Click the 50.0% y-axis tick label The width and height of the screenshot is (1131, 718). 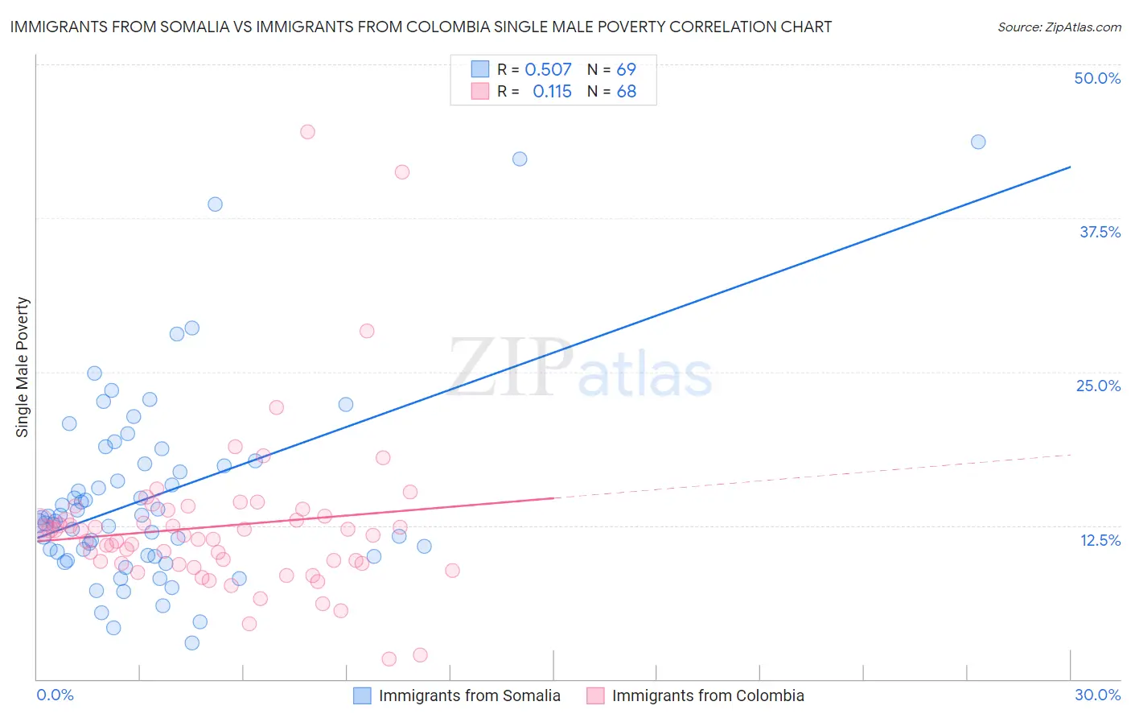tap(1097, 78)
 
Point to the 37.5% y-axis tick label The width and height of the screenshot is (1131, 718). tap(1100, 232)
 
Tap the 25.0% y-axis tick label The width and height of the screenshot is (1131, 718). tap(1098, 386)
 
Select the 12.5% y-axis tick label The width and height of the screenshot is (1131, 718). tap(1100, 540)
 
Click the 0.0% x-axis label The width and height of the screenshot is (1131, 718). tap(55, 695)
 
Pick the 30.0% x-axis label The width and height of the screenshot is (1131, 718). tap(1097, 695)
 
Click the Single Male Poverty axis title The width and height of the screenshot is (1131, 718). tap(23, 367)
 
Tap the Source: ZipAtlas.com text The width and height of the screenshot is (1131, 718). tap(1059, 27)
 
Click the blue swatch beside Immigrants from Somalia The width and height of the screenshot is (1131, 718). tap(363, 695)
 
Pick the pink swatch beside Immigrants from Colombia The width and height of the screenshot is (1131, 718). tap(595, 695)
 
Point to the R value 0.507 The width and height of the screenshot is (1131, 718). tap(548, 70)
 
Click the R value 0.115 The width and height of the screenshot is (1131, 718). tap(552, 92)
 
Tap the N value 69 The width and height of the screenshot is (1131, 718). tap(626, 70)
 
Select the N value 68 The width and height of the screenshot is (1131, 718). tap(626, 92)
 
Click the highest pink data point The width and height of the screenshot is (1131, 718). tap(307, 132)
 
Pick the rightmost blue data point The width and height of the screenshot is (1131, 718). tap(978, 142)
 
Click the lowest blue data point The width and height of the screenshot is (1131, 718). tap(191, 642)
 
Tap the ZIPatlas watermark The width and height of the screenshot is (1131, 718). tap(580, 369)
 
